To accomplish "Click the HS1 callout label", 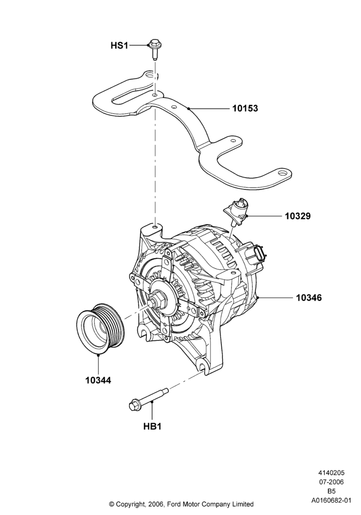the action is click(x=119, y=45).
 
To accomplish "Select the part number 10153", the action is click(x=245, y=108).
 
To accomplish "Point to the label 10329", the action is click(x=298, y=216).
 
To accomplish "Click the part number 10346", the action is click(x=309, y=298).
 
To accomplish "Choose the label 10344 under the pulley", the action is click(x=99, y=381).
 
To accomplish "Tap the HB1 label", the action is click(x=153, y=426).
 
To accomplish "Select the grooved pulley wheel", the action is click(x=100, y=328).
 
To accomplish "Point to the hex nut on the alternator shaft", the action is click(x=157, y=300).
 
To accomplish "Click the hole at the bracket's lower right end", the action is click(x=283, y=172).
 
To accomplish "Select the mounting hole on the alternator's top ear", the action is click(x=156, y=227).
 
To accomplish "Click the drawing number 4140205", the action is click(x=331, y=473).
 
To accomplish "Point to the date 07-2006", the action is click(x=331, y=482).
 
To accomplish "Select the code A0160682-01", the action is click(x=331, y=501).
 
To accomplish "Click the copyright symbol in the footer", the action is click(x=112, y=504).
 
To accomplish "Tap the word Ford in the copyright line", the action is click(x=174, y=504).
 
